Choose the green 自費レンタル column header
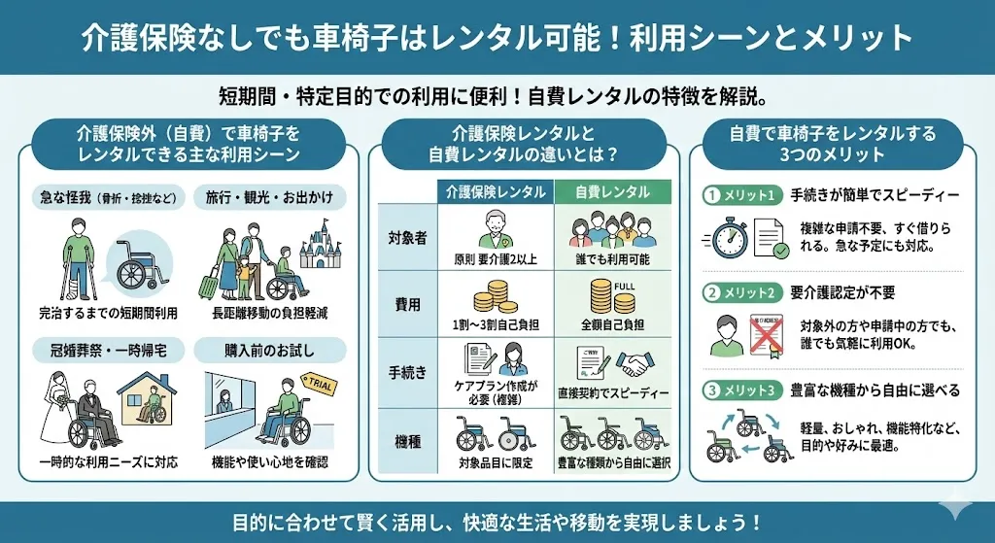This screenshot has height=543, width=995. pos(612,192)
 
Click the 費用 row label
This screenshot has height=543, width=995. pos(408,304)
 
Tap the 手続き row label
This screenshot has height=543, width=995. pos(408,371)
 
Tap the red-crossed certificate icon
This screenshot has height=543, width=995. pos(766,333)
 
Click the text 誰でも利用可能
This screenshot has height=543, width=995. pos(612,259)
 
